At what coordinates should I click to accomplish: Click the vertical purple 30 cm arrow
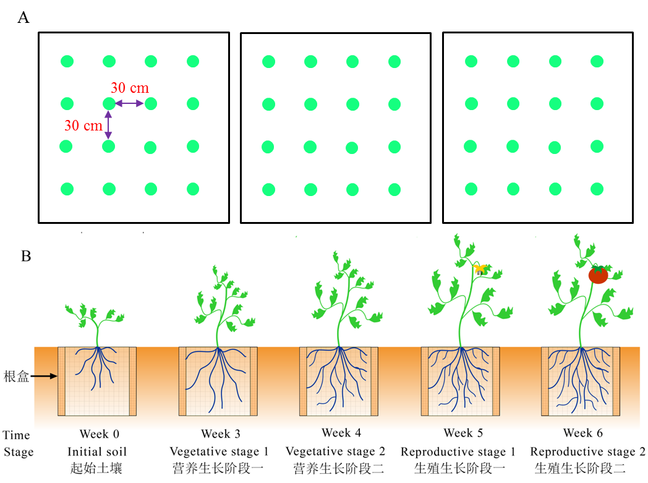coord(109,126)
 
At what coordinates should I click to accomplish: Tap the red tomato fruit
coord(598,274)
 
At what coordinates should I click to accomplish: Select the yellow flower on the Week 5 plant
coord(480,269)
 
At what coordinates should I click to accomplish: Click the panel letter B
coord(26,256)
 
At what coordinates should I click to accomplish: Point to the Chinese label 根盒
coord(15,376)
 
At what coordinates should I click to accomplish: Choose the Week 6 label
coord(582,433)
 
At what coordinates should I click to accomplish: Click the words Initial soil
coord(97,451)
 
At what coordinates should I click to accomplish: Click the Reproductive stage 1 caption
coord(458,451)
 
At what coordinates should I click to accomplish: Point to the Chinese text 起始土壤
coord(97,468)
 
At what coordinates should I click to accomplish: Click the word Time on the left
coord(16,435)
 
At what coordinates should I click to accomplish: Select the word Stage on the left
coord(19,452)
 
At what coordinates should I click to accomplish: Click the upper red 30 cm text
coord(130,88)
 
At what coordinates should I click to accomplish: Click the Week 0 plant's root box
coord(97,381)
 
